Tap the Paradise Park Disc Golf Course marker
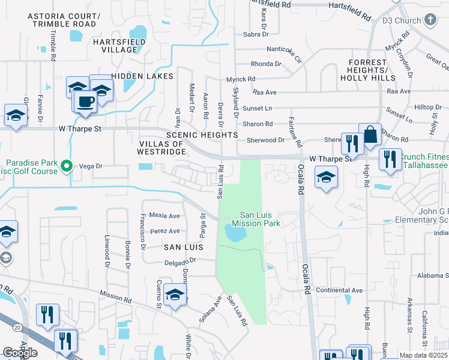pyautogui.click(x=68, y=167)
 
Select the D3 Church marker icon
pyautogui.click(x=429, y=20)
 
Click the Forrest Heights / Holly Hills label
pyautogui.click(x=364, y=70)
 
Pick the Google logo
pyautogui.click(x=20, y=353)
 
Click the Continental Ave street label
pyautogui.click(x=339, y=290)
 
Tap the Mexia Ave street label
pyautogui.click(x=164, y=215)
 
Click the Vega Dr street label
pyautogui.click(x=91, y=166)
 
